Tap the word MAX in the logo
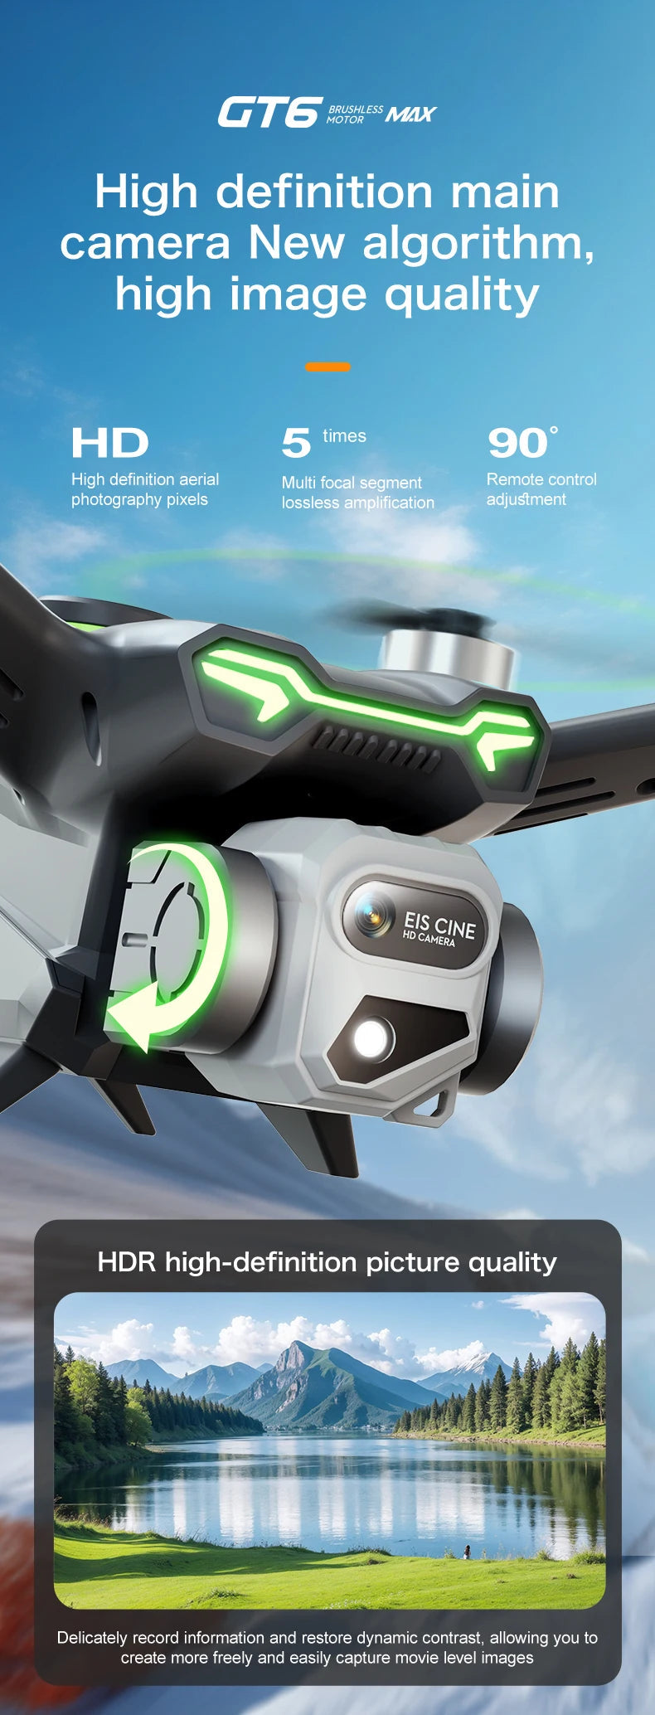pyautogui.click(x=410, y=114)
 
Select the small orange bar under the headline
pyautogui.click(x=327, y=367)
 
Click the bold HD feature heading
pyautogui.click(x=109, y=443)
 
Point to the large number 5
pyautogui.click(x=296, y=443)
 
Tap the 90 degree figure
pyautogui.click(x=519, y=443)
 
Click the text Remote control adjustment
pyautogui.click(x=541, y=489)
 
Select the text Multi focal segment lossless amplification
pyautogui.click(x=357, y=493)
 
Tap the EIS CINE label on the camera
pyautogui.click(x=439, y=928)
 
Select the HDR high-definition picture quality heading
pyautogui.click(x=327, y=1262)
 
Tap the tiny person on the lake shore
pyautogui.click(x=467, y=1551)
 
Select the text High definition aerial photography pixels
pyautogui.click(x=145, y=489)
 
